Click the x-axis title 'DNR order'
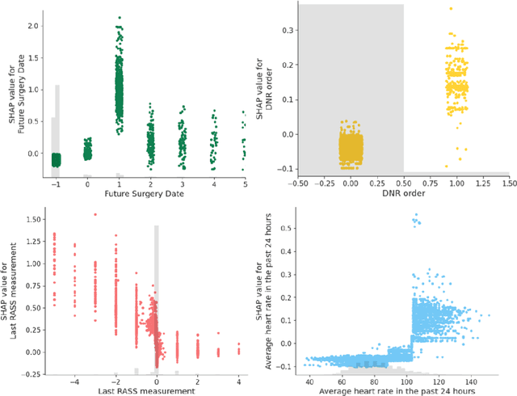404,195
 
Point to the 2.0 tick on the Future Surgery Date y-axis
32,26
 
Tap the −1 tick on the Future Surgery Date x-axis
55,184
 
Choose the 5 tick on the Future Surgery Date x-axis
243,184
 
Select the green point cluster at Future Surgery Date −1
56,159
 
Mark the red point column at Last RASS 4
238,348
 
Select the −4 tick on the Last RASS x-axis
75,381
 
